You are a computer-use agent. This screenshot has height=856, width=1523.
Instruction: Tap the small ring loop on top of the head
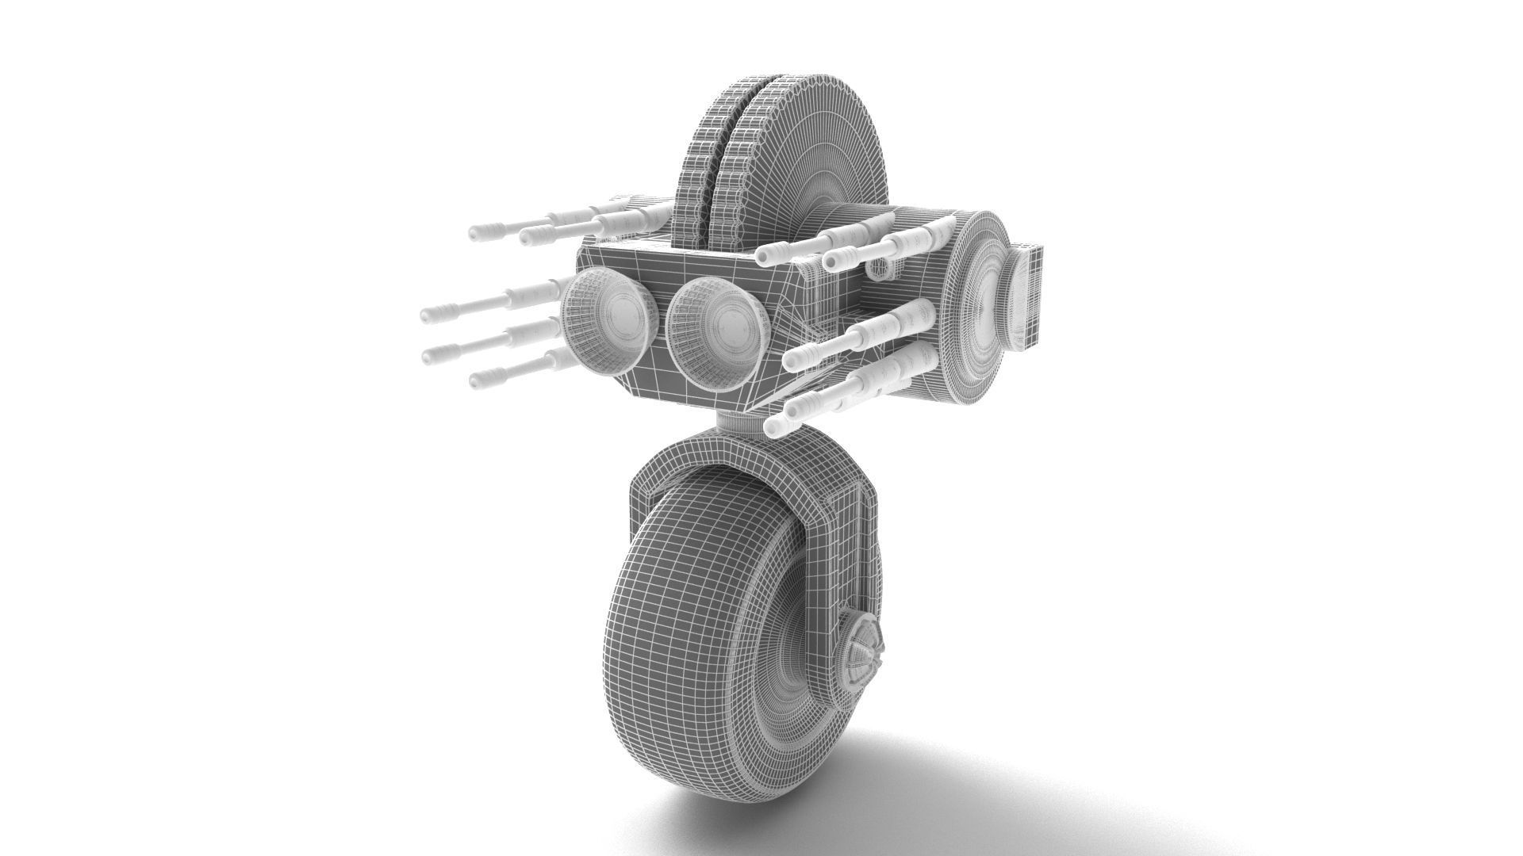pyautogui.click(x=878, y=269)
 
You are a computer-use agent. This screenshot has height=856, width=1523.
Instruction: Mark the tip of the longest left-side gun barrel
pyautogui.click(x=429, y=315)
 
